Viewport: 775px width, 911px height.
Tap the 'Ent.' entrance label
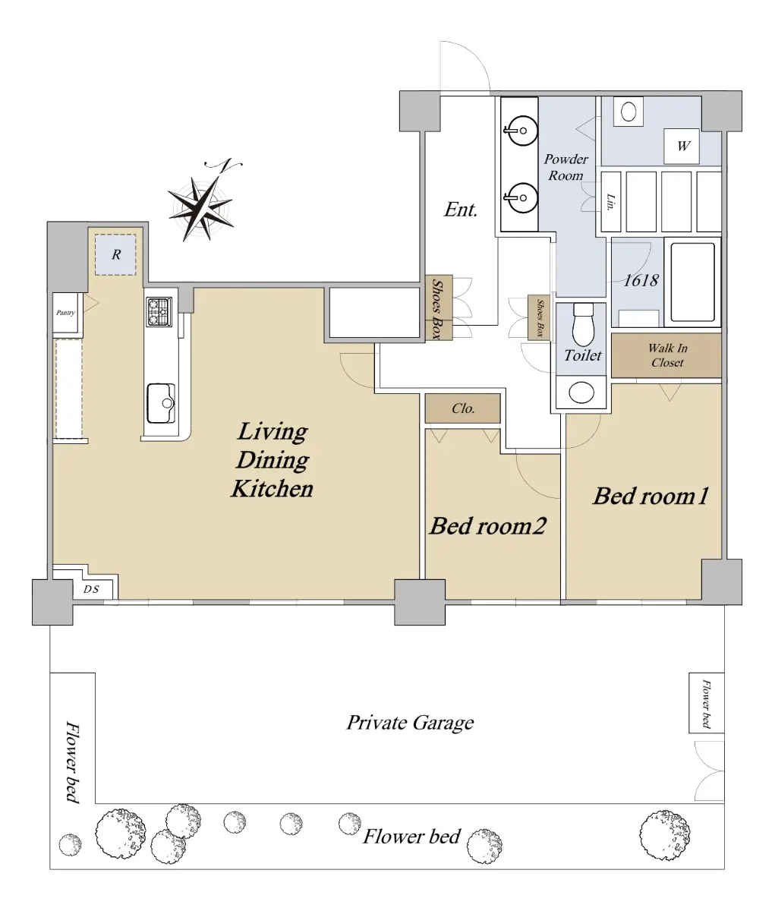click(461, 210)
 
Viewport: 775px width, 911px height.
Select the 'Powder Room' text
click(565, 167)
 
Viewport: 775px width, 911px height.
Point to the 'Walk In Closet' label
click(667, 355)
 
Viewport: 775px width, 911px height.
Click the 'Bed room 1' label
click(651, 496)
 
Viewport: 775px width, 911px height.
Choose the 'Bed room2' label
click(488, 525)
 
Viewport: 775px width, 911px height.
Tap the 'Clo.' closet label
click(463, 408)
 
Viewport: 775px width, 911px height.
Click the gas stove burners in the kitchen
click(159, 312)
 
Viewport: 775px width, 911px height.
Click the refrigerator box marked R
click(115, 255)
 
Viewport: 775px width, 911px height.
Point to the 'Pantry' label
click(65, 313)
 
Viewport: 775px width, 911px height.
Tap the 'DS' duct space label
click(91, 589)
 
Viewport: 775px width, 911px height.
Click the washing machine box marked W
click(681, 146)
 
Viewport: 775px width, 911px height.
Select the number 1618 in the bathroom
click(641, 280)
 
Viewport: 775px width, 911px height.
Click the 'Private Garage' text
click(410, 723)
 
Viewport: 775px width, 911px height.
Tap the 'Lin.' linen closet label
click(610, 202)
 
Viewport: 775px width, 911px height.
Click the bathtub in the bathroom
click(692, 282)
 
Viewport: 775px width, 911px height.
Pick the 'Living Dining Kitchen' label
click(273, 460)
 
